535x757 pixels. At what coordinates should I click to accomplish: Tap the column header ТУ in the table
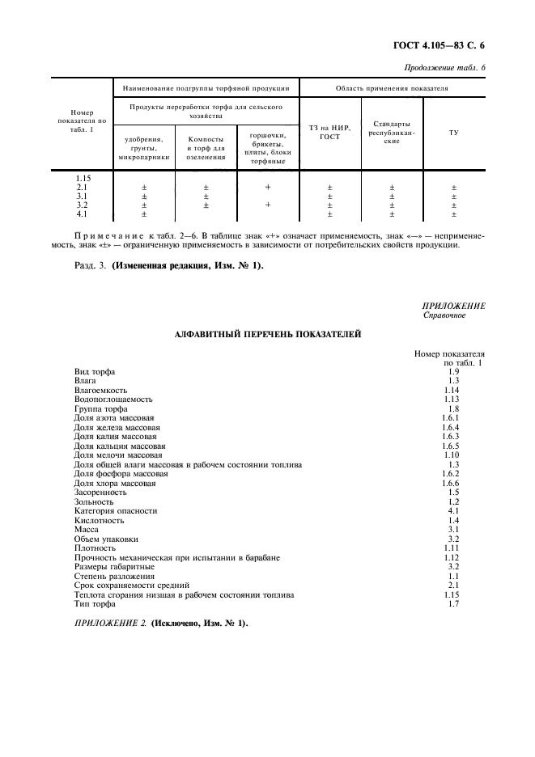tap(453, 133)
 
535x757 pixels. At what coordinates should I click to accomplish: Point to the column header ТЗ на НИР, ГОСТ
tap(329, 133)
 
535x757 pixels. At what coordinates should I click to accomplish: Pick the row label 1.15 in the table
tap(83, 178)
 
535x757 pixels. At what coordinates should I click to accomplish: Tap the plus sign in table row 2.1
tap(268, 187)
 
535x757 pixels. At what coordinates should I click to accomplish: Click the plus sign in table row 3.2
tap(268, 205)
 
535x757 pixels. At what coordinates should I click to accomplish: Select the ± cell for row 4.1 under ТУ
tap(453, 214)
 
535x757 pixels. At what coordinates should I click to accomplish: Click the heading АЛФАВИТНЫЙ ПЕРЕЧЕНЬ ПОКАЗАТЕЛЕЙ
tap(267, 333)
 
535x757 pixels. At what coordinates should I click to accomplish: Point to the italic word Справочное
tap(445, 315)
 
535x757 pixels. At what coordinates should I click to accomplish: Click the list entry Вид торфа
tap(95, 371)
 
